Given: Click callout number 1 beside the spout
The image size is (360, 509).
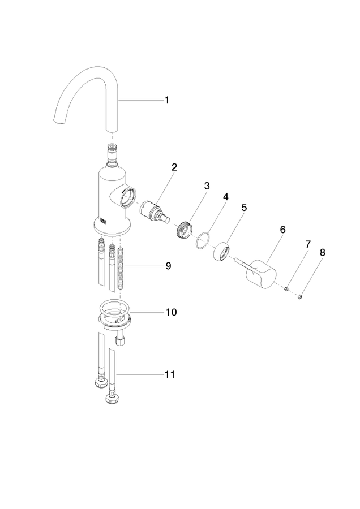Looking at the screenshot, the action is coord(167,100).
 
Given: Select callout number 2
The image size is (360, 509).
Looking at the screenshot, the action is coord(174,167).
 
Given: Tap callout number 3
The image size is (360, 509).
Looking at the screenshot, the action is coord(207,186).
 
